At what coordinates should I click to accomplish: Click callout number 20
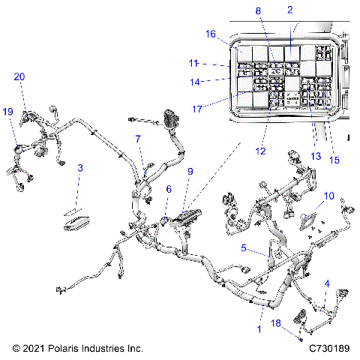(19, 76)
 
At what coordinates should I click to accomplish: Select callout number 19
(7, 111)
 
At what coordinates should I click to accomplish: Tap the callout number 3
(81, 168)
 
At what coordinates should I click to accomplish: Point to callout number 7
(137, 139)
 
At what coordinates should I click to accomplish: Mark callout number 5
(244, 247)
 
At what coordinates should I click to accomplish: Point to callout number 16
(211, 34)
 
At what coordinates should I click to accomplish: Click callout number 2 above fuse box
(289, 9)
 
